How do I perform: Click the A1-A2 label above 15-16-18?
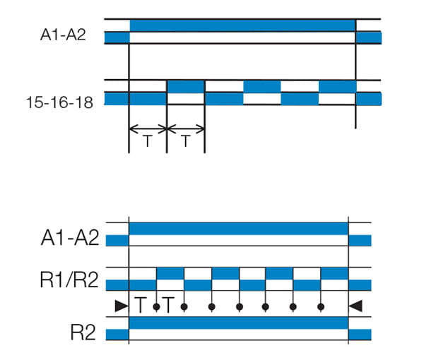(63, 33)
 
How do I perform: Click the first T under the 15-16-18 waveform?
(148, 141)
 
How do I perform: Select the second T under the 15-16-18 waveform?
(185, 141)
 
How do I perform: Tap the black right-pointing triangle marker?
(121, 306)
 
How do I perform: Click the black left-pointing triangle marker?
(356, 306)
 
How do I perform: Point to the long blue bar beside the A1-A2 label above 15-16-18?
(242, 25)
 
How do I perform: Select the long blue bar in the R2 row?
(238, 323)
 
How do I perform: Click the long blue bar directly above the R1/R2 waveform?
(238, 229)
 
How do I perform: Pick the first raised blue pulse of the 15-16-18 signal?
(185, 87)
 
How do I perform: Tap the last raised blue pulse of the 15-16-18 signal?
(337, 87)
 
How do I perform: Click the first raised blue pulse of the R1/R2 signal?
(170, 273)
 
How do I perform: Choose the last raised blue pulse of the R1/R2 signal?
(334, 273)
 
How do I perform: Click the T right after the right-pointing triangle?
(141, 306)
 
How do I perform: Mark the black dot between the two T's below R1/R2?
(156, 306)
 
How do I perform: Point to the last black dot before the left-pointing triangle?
(321, 306)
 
